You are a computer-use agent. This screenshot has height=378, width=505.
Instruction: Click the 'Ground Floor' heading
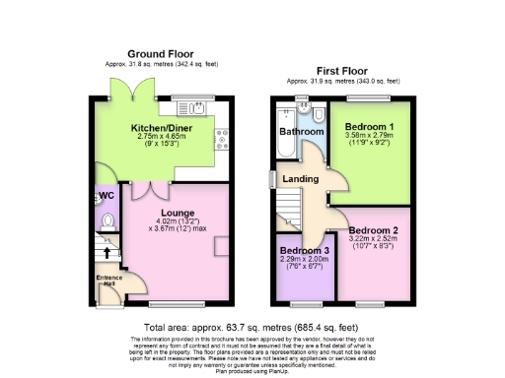click(x=161, y=54)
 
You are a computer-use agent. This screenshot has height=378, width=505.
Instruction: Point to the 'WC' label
click(x=107, y=196)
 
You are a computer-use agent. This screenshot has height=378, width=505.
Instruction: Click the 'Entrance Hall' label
click(x=108, y=281)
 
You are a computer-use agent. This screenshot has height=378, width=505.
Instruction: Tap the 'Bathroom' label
click(x=300, y=131)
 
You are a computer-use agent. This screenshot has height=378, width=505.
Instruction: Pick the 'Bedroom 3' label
click(x=303, y=250)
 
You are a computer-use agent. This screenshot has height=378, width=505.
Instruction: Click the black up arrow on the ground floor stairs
click(x=108, y=253)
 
